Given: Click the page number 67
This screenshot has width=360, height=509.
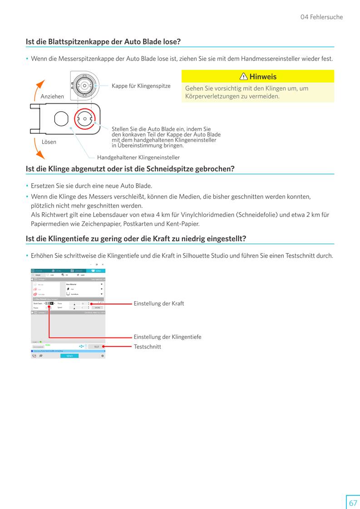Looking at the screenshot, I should [x=353, y=503].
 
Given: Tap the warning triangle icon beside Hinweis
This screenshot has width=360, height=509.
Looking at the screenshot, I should [x=244, y=77].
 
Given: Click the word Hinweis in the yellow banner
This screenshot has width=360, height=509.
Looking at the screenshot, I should [x=263, y=77].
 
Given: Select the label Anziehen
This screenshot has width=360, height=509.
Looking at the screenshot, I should [x=52, y=97].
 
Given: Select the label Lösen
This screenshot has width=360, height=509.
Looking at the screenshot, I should [x=49, y=142].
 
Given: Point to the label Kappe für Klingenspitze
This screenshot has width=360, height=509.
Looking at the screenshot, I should [x=141, y=86].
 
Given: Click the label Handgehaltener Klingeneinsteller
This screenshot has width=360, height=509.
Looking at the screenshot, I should [x=138, y=157].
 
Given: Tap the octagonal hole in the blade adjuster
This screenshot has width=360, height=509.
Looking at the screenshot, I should [x=60, y=119].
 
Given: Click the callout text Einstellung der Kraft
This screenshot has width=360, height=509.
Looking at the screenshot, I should [x=159, y=303].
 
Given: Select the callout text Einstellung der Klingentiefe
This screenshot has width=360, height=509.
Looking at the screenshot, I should [x=167, y=337].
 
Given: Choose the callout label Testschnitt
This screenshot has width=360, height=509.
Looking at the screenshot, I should [x=147, y=347].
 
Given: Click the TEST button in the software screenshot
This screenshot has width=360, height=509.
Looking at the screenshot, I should [x=96, y=347].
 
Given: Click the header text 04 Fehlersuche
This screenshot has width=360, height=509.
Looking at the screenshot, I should [x=321, y=17].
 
